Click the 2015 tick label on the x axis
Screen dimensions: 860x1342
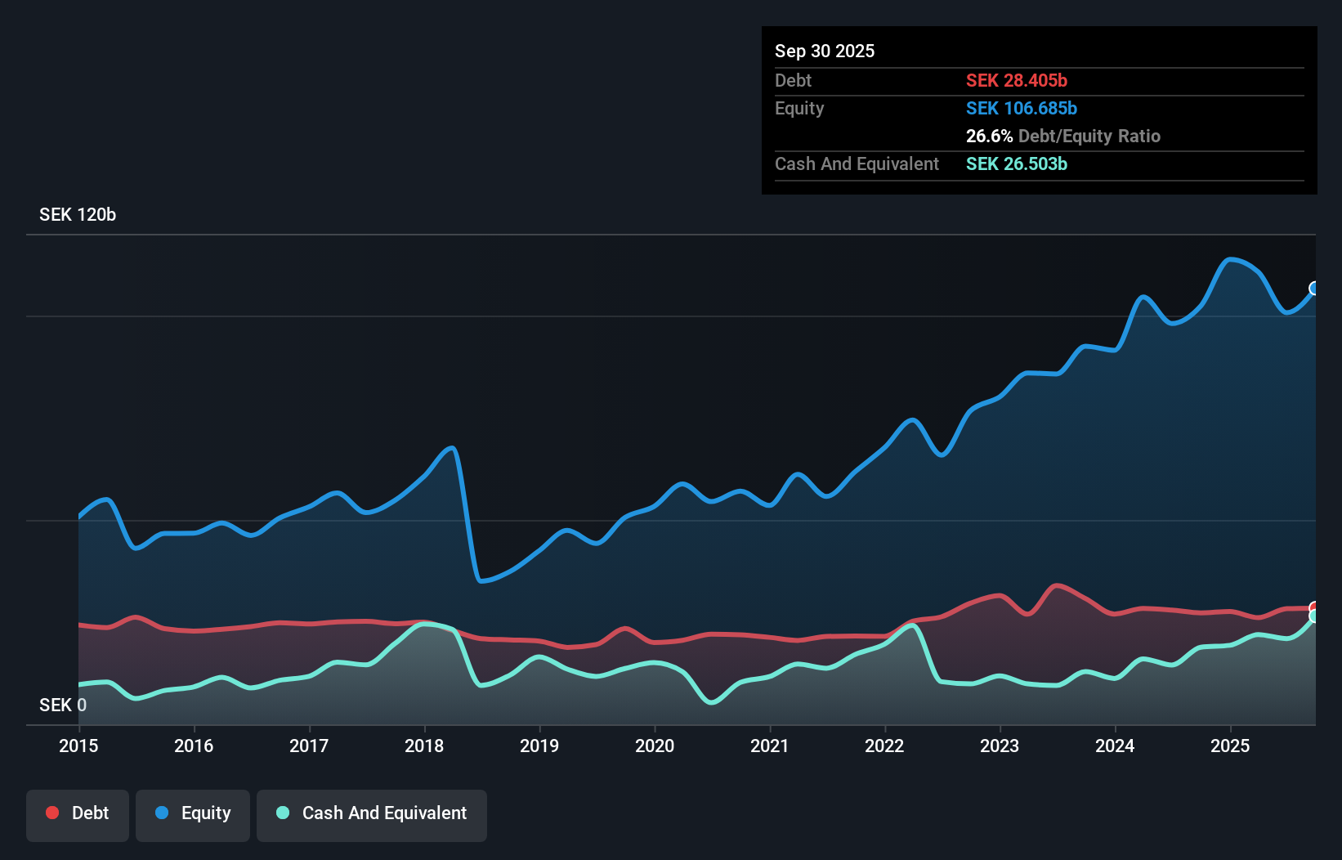coord(78,746)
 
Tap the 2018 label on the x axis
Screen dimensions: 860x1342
coord(424,746)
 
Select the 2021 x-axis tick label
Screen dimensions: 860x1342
coord(770,746)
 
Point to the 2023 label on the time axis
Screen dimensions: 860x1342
coord(1000,746)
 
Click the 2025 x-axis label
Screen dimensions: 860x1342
coord(1230,746)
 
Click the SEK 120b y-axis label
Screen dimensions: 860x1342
coord(78,214)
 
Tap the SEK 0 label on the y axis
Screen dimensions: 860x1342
coord(63,705)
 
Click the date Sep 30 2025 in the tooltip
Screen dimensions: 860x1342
coord(825,51)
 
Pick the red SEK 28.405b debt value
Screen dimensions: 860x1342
coord(1016,80)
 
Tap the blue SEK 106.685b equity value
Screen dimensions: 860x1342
coord(1021,108)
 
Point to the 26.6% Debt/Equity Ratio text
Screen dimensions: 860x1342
coord(1062,136)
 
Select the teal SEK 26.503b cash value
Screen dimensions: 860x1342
coord(1016,163)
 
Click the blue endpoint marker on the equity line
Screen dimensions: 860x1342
coord(1314,289)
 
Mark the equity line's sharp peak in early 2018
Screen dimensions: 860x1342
coord(451,448)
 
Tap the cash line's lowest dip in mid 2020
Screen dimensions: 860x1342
coord(712,701)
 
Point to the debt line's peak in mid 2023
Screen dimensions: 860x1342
coord(1058,585)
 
